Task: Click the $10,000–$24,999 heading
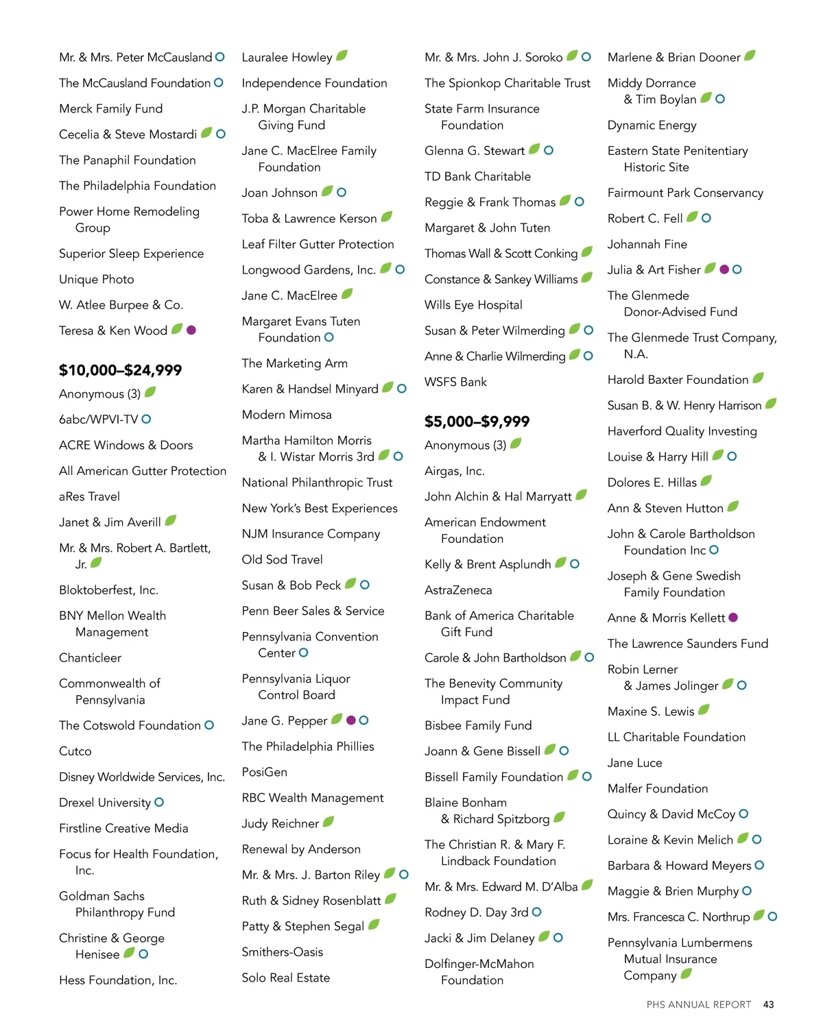click(120, 370)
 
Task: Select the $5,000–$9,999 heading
click(477, 422)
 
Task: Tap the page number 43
click(768, 1004)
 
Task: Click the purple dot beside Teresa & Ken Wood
click(191, 330)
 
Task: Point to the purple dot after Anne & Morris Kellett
click(733, 618)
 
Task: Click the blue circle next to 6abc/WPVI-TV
click(146, 419)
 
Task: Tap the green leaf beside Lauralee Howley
click(342, 56)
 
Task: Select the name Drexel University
click(105, 803)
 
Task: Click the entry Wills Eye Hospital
click(473, 305)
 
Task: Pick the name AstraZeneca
click(458, 590)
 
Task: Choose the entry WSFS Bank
click(455, 382)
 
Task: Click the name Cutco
click(75, 751)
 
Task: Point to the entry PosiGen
click(265, 772)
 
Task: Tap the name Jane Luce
click(635, 763)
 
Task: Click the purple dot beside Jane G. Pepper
click(351, 720)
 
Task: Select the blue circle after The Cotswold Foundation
click(209, 725)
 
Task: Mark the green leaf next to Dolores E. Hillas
click(706, 481)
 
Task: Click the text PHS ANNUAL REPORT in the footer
click(699, 1004)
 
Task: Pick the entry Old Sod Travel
click(282, 559)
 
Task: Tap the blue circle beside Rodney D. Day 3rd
click(537, 912)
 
